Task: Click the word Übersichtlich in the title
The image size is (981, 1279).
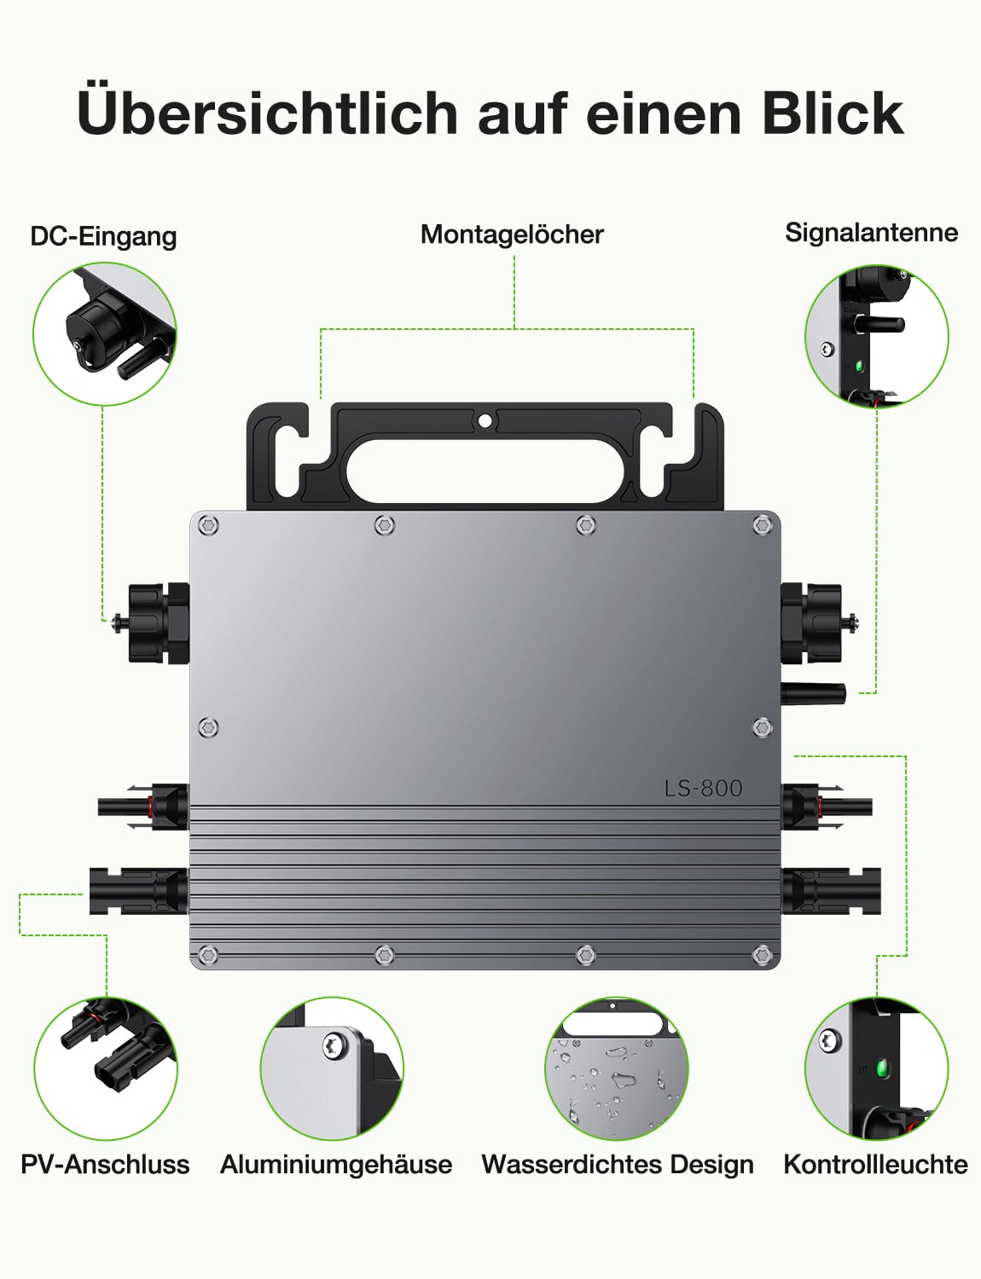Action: pos(268,113)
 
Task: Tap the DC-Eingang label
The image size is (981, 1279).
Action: pos(103,236)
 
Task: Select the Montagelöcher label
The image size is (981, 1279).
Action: pos(512,234)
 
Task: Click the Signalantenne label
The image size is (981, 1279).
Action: pos(871,233)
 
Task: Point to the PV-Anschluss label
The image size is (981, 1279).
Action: pos(105,1164)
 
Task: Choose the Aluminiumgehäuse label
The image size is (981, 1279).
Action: pos(336,1164)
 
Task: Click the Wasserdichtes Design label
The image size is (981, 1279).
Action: pos(618,1164)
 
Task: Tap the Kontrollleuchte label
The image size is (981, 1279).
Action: pos(875,1164)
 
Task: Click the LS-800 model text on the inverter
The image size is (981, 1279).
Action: pos(703,788)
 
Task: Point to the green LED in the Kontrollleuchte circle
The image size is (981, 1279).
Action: pos(882,1067)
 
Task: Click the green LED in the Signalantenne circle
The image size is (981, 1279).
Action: pos(859,367)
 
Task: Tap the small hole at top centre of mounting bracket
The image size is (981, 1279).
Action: pos(485,420)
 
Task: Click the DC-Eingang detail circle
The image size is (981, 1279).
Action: pos(105,334)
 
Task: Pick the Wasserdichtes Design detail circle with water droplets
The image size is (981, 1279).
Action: pos(616,1068)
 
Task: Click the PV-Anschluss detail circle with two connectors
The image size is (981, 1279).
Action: pos(106,1068)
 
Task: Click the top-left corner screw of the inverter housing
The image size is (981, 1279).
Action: pos(208,525)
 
